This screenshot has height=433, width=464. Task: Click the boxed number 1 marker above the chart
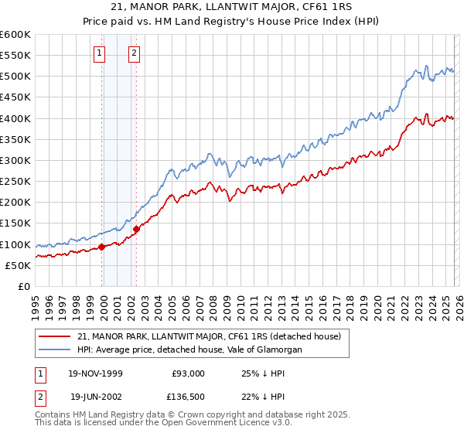pos(100,53)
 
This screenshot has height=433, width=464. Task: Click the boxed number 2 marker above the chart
pos(134,53)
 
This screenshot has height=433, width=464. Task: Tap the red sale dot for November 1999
pos(102,247)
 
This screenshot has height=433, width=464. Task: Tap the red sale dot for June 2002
pos(136,229)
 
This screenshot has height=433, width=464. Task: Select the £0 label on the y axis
pos(23,286)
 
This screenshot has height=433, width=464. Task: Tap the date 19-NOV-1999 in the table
pos(96,373)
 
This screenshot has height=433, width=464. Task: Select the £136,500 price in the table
pos(188,397)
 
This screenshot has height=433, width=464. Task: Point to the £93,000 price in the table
pos(188,373)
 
